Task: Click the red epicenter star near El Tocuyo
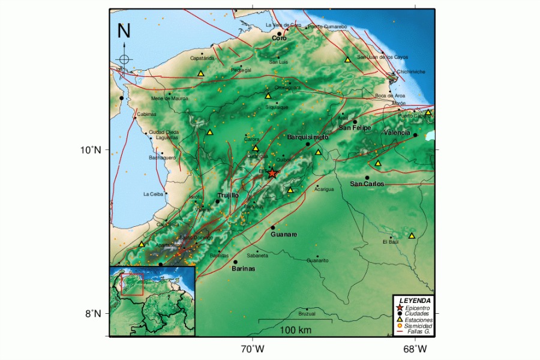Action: [x=272, y=173]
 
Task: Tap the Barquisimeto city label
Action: [x=308, y=137]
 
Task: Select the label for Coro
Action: [x=279, y=38]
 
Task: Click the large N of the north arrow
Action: [x=124, y=30]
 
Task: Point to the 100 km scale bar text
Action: [x=295, y=331]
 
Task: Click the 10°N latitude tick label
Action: [x=91, y=150]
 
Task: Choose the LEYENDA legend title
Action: [x=414, y=300]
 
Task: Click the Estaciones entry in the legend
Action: [x=419, y=320]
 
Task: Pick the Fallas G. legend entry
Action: [x=419, y=332]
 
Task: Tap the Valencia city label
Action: [x=397, y=132]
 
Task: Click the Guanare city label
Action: [x=284, y=235]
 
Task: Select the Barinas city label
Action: [x=243, y=269]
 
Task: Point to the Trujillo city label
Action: [x=228, y=196]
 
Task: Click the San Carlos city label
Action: [x=367, y=184]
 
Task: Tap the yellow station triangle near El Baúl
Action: [x=412, y=236]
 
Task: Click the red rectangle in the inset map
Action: [x=132, y=284]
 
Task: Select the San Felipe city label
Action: [x=355, y=128]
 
